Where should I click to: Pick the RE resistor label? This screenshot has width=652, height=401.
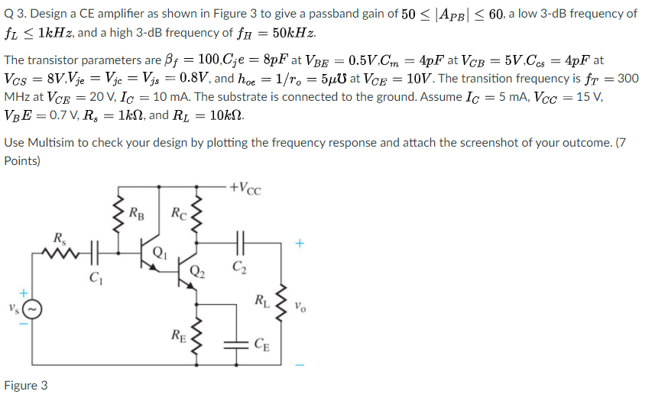[179, 336]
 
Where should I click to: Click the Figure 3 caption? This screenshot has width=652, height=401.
[26, 385]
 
